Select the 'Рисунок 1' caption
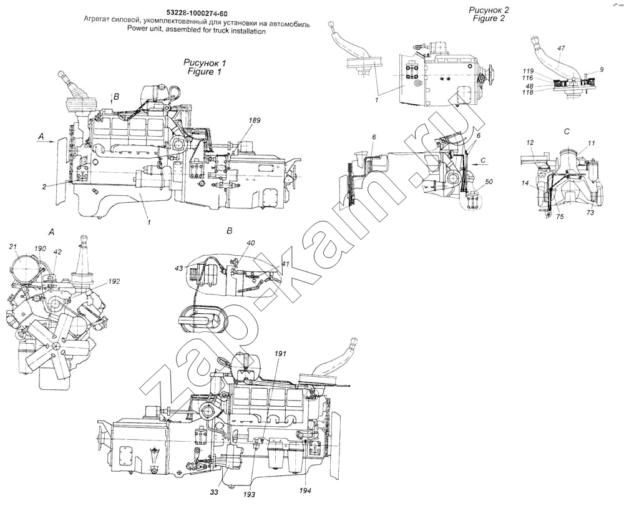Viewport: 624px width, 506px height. coord(205,63)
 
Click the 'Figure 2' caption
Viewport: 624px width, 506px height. coord(489,18)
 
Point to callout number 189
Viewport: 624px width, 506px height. coord(254,120)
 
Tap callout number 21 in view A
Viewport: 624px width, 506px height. coord(12,248)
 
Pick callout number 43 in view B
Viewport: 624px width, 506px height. coord(180,268)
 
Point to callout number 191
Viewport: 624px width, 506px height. coord(281,353)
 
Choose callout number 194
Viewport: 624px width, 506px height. coord(305,491)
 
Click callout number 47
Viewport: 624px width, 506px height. coord(560,48)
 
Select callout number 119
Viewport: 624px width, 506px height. coord(528,72)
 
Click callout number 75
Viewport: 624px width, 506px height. coord(559,218)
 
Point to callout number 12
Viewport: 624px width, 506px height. coord(529,143)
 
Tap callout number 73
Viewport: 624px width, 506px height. coord(590,213)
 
